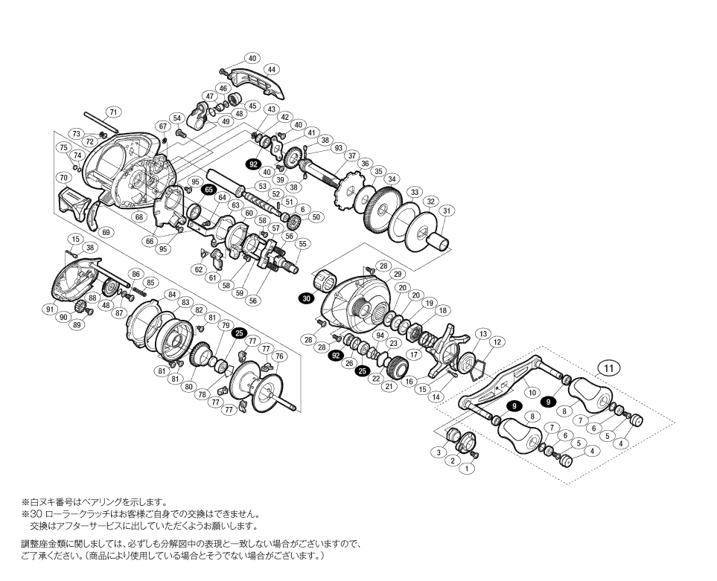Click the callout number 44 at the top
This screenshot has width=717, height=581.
point(273,69)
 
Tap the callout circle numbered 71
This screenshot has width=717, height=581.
point(113,112)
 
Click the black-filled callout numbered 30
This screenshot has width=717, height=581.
point(306,298)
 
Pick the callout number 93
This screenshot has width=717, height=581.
point(339,147)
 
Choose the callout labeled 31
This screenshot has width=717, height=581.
point(447,211)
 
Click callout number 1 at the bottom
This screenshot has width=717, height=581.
point(466,469)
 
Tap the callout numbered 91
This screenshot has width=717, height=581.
point(50,309)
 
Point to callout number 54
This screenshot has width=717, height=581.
point(176,118)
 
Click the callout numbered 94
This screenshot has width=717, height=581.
point(380,336)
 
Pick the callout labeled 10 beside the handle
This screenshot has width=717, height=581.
point(532,392)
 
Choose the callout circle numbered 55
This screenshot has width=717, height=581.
point(303,243)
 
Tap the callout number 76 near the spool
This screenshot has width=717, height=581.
point(280,356)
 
